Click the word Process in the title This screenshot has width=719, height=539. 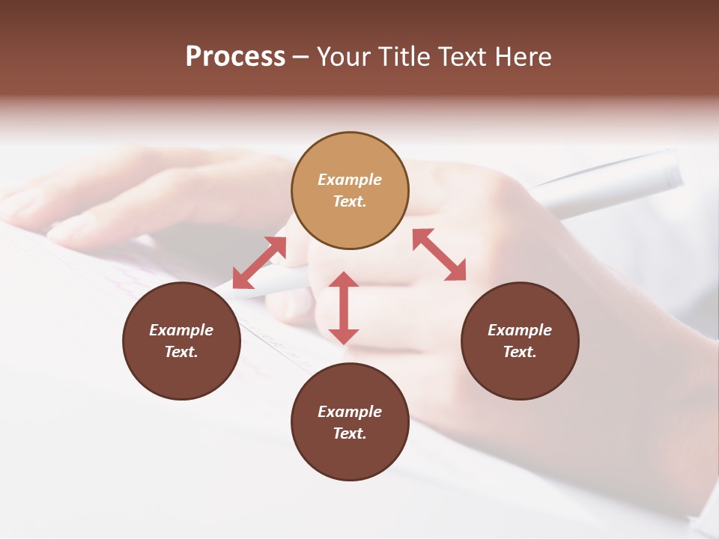pos(235,57)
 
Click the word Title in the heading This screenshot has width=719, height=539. pos(405,57)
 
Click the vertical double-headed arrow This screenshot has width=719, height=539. pos(344,308)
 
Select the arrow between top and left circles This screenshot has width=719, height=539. pos(260,262)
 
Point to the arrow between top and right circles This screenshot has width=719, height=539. pos(439,255)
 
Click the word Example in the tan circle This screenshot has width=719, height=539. pos(350,180)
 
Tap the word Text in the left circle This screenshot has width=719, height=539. pos(181,352)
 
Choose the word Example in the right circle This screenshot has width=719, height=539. pos(520,330)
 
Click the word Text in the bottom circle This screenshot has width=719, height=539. pos(350,433)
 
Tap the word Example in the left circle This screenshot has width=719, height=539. pos(181,330)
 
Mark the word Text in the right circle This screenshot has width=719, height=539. pos(520,352)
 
